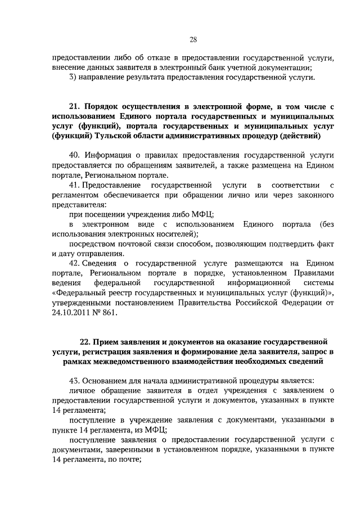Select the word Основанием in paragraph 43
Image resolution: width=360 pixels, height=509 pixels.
[x=106, y=380]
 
